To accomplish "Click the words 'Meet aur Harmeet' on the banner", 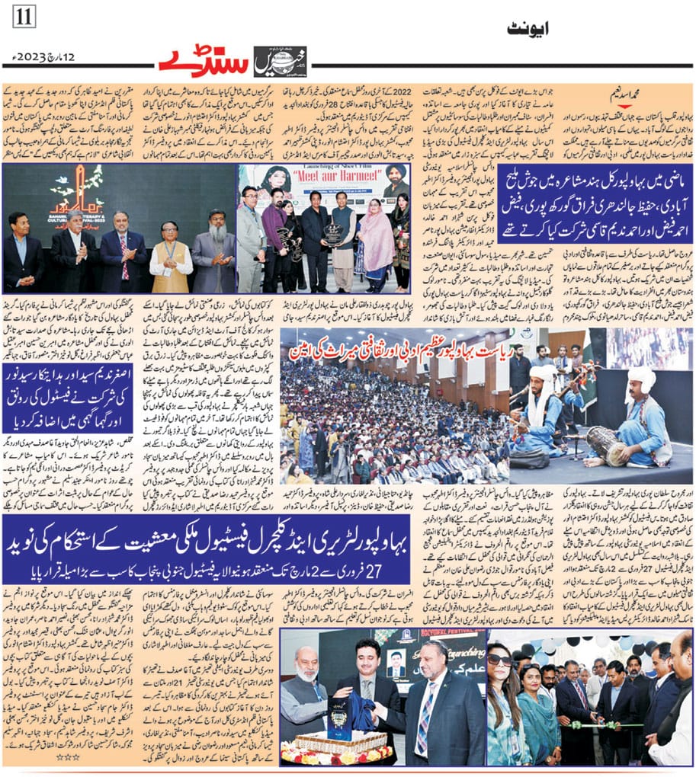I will pyautogui.click(x=343, y=191).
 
